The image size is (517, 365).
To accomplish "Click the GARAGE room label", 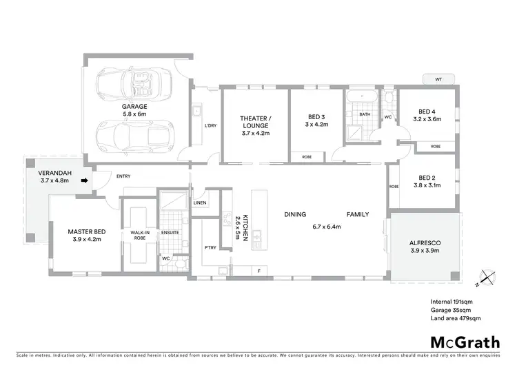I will pyautogui.click(x=135, y=106).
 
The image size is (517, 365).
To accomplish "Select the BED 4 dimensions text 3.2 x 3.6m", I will pyautogui.click(x=427, y=119).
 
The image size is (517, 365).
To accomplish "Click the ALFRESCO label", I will pyautogui.click(x=425, y=242).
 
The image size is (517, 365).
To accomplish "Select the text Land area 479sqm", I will pyautogui.click(x=456, y=318).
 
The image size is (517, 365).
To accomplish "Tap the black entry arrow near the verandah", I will pyautogui.click(x=85, y=181).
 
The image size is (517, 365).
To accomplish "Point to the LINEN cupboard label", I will pyautogui.click(x=200, y=203).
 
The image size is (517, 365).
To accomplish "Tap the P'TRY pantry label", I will pyautogui.click(x=210, y=247).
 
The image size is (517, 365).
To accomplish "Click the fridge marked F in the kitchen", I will pyautogui.click(x=258, y=269).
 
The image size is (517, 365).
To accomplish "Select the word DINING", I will pyautogui.click(x=295, y=214).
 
